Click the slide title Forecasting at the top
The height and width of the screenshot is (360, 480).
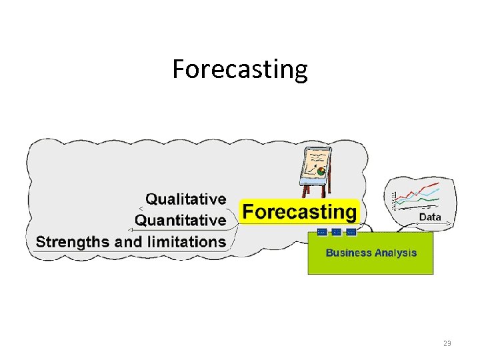tap(240, 69)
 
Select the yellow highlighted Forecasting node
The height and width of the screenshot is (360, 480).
tap(299, 212)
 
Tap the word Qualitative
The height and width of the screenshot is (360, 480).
tap(185, 199)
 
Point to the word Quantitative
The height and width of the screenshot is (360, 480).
tap(180, 220)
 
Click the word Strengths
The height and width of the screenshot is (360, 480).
tap(73, 241)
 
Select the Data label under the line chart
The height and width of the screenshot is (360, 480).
tap(429, 217)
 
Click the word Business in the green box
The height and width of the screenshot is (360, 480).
tap(348, 253)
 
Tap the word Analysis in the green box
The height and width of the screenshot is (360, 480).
tap(395, 253)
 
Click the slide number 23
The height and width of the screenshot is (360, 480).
tap(447, 343)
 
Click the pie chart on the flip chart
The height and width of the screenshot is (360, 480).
tap(321, 171)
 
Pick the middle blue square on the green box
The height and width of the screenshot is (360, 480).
tap(337, 232)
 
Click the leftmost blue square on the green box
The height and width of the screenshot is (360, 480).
tap(323, 232)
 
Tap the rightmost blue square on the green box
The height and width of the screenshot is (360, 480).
tap(351, 232)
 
